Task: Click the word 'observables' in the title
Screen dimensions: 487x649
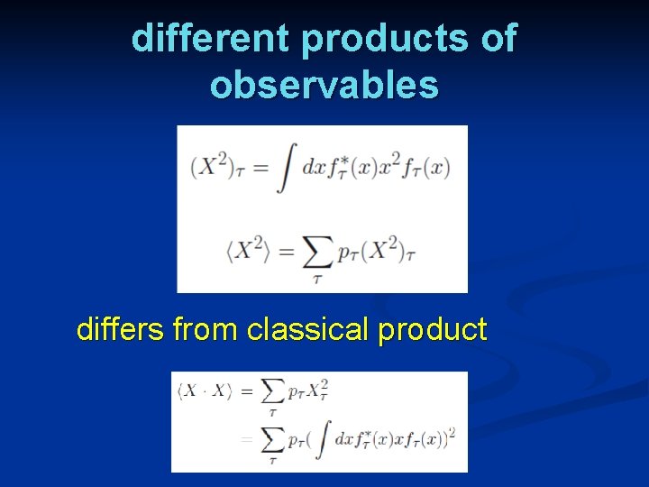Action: pos(324,85)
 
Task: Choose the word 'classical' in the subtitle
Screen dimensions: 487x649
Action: pos(308,329)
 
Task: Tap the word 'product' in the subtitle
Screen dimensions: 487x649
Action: pos(433,329)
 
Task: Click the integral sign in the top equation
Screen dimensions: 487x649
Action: pos(287,168)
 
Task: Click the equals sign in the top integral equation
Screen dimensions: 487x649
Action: pos(260,169)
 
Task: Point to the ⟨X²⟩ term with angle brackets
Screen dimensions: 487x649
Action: pos(246,252)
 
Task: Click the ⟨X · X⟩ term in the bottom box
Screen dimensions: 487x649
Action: pos(205,391)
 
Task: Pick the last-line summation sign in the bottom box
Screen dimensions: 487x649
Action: pos(271,441)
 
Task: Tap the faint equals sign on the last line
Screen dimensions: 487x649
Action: pos(245,440)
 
